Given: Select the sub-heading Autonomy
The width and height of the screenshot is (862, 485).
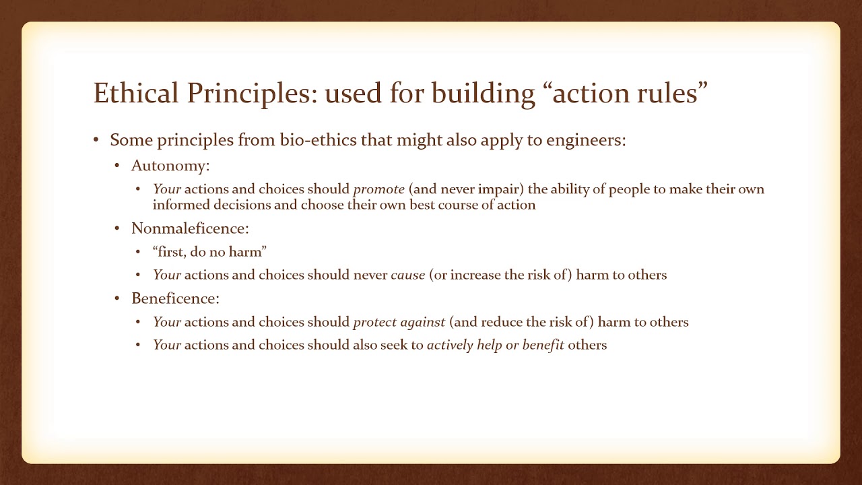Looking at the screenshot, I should [170, 166].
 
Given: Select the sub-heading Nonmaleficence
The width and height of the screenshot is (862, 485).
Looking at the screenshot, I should [190, 228].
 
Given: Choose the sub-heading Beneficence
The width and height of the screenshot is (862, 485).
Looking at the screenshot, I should [175, 298].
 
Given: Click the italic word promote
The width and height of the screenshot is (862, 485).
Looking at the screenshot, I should [378, 189].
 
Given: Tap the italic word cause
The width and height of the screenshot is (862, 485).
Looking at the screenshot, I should [407, 275].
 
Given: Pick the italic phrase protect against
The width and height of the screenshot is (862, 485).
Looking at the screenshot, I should [399, 322].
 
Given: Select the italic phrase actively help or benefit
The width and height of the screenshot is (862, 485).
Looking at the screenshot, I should [495, 345].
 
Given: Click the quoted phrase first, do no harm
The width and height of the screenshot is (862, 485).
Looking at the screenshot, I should [209, 252].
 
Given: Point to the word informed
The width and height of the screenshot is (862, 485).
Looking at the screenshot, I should [179, 205].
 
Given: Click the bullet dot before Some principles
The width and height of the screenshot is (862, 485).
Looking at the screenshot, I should [96, 140].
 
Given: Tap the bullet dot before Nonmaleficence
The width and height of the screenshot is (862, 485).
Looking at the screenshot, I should [117, 228].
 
